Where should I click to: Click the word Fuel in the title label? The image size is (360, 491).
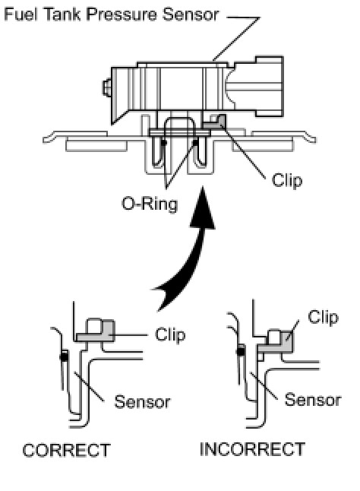click(x=21, y=14)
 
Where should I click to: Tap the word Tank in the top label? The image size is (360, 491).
click(x=62, y=14)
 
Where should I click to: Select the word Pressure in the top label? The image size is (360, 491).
click(x=121, y=14)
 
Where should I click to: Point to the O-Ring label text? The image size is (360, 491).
click(x=150, y=204)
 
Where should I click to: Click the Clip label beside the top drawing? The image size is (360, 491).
click(x=287, y=181)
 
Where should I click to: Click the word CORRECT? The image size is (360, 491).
click(x=66, y=450)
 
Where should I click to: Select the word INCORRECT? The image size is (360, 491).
click(x=252, y=449)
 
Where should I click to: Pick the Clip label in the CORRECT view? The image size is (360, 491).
click(x=170, y=334)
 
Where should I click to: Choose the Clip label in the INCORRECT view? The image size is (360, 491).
click(x=323, y=318)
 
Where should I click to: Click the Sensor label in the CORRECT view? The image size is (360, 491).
click(x=142, y=402)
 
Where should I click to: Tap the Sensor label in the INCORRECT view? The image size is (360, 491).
click(x=313, y=401)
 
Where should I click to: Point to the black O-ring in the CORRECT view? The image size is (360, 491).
click(x=64, y=356)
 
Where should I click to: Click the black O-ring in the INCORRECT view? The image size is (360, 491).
click(x=241, y=351)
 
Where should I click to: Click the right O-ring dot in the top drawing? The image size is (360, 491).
click(x=195, y=143)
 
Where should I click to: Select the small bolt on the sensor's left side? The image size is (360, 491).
click(x=107, y=87)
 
